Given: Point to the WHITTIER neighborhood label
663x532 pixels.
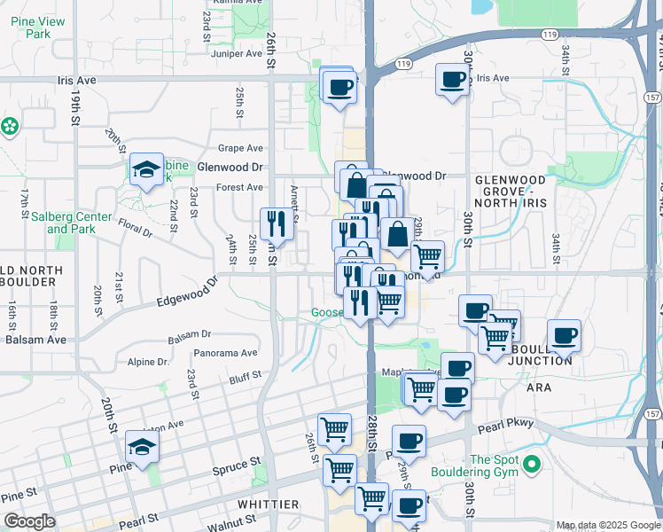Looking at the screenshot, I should point(269,504).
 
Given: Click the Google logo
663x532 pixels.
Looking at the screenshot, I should point(29,521).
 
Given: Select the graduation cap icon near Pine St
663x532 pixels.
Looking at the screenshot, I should point(142,447).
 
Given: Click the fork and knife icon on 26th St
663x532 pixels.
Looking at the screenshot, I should point(277,224).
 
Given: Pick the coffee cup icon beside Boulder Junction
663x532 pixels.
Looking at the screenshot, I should point(564,336).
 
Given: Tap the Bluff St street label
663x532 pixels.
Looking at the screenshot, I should point(245,378).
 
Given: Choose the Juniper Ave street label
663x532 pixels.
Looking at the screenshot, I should point(238,53).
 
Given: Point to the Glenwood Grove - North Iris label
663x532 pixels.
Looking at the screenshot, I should point(510,191).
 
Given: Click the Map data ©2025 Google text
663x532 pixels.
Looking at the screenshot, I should point(608,525).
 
